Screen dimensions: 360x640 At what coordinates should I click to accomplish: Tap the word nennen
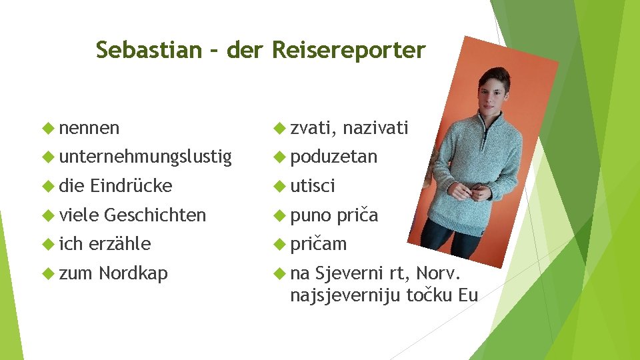pyautogui.click(x=89, y=127)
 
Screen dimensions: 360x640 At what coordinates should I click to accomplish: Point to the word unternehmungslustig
pyautogui.click(x=145, y=157)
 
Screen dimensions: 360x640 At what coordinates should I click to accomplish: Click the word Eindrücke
pyautogui.click(x=132, y=186)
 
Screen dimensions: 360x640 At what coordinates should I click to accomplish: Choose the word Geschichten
pyautogui.click(x=155, y=215)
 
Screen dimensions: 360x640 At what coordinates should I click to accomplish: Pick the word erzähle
pyautogui.click(x=119, y=244)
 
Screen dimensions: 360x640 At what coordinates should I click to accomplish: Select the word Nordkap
pyautogui.click(x=133, y=273)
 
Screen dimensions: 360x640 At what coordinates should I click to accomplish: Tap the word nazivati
pyautogui.click(x=376, y=127)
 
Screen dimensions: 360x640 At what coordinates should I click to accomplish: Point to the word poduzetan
pyautogui.click(x=334, y=157)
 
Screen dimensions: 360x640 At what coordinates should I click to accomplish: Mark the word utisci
pyautogui.click(x=313, y=186)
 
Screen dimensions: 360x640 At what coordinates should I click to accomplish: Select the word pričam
pyautogui.click(x=319, y=244)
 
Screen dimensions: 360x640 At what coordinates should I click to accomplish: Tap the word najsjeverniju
pyautogui.click(x=346, y=295)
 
